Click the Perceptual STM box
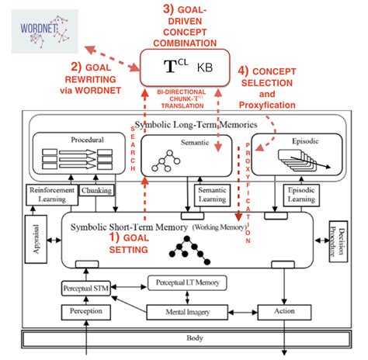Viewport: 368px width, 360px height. click(x=92, y=289)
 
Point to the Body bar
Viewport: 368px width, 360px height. click(x=184, y=340)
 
